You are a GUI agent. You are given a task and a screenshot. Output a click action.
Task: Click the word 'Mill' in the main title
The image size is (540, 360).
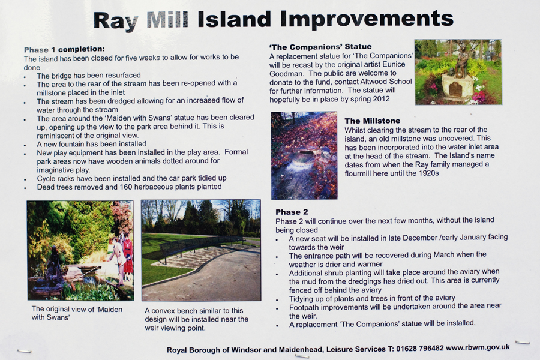[x=167, y=20]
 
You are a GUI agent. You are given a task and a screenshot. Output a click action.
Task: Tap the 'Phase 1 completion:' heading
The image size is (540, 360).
[x=64, y=49]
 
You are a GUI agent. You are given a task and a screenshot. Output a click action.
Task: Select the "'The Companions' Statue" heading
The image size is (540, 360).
[x=320, y=47]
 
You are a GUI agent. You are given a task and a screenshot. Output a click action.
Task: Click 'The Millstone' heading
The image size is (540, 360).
[x=372, y=121]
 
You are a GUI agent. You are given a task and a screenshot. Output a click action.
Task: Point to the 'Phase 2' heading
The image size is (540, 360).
[x=292, y=212]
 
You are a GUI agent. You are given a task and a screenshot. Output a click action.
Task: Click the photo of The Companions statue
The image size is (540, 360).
[x=458, y=72]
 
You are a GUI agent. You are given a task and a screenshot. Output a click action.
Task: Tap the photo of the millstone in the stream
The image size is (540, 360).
[x=304, y=155]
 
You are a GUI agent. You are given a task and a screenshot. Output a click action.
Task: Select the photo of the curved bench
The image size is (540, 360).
[x=201, y=250]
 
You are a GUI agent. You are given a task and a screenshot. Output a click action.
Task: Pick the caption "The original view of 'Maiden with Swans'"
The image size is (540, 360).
[x=77, y=313]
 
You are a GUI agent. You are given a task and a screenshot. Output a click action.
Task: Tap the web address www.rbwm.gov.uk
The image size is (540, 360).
[x=478, y=347]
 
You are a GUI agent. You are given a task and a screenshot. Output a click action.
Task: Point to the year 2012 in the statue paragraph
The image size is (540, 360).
[x=381, y=99]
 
